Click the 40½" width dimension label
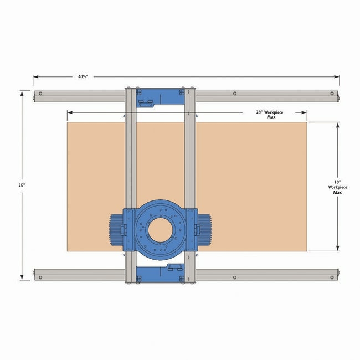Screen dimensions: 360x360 click(x=83, y=76)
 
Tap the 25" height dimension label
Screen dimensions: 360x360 click(x=22, y=186)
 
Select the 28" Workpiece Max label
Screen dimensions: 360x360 click(x=270, y=114)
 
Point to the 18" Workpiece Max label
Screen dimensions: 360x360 click(x=337, y=187)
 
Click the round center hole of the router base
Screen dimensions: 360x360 click(x=160, y=230)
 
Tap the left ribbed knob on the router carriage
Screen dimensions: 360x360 click(x=117, y=230)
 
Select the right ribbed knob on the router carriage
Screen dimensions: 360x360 click(x=204, y=230)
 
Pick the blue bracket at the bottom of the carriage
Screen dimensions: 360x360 click(x=160, y=273)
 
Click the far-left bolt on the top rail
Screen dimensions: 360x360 click(x=40, y=94)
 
